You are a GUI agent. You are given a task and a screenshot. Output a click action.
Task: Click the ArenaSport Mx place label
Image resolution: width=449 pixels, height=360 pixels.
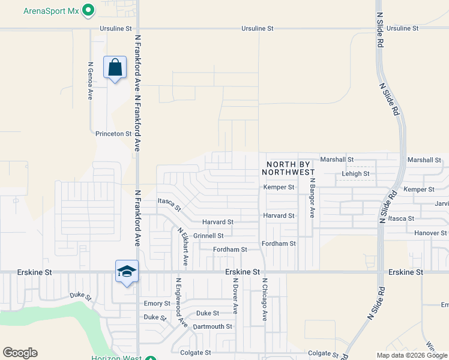[x=51, y=11]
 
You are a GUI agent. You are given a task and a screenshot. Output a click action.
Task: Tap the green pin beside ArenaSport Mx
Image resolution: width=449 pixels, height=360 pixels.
[x=88, y=10]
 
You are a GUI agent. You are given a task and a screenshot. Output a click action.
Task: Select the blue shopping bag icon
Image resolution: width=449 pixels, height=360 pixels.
[x=115, y=68]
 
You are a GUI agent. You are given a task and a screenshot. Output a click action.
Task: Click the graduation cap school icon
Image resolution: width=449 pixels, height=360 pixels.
[x=127, y=271]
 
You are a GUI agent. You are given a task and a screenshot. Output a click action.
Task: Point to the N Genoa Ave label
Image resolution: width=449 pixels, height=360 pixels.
[x=91, y=80]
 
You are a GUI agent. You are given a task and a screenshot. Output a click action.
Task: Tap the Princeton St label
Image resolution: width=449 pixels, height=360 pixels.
[x=113, y=134]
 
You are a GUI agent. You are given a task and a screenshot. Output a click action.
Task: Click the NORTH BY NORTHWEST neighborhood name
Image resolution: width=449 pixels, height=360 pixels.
[x=288, y=168]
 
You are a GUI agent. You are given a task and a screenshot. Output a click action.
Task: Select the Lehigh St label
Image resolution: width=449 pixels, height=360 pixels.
[x=357, y=174]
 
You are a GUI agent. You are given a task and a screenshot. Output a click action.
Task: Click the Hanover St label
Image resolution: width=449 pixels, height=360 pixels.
[x=431, y=233]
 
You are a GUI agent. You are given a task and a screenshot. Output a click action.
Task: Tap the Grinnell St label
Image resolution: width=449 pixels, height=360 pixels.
[x=208, y=236]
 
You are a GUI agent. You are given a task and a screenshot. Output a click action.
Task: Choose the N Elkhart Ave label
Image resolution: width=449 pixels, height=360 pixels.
[x=182, y=247]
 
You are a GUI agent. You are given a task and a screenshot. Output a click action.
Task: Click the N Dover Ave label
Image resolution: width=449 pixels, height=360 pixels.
[x=236, y=296]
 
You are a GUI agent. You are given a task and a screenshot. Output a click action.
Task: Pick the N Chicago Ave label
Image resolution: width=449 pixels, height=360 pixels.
[x=264, y=301]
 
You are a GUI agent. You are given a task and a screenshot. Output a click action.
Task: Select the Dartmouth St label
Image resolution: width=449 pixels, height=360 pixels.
[x=212, y=326]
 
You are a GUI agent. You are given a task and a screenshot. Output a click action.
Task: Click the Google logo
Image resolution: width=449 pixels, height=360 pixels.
[x=20, y=353]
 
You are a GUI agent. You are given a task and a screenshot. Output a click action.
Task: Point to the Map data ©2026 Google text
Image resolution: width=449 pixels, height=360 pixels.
[x=412, y=355]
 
